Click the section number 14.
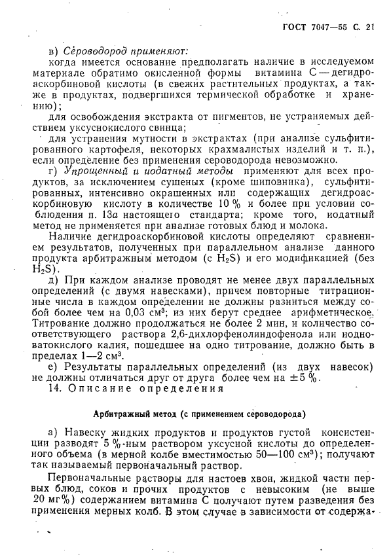click(57, 388)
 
